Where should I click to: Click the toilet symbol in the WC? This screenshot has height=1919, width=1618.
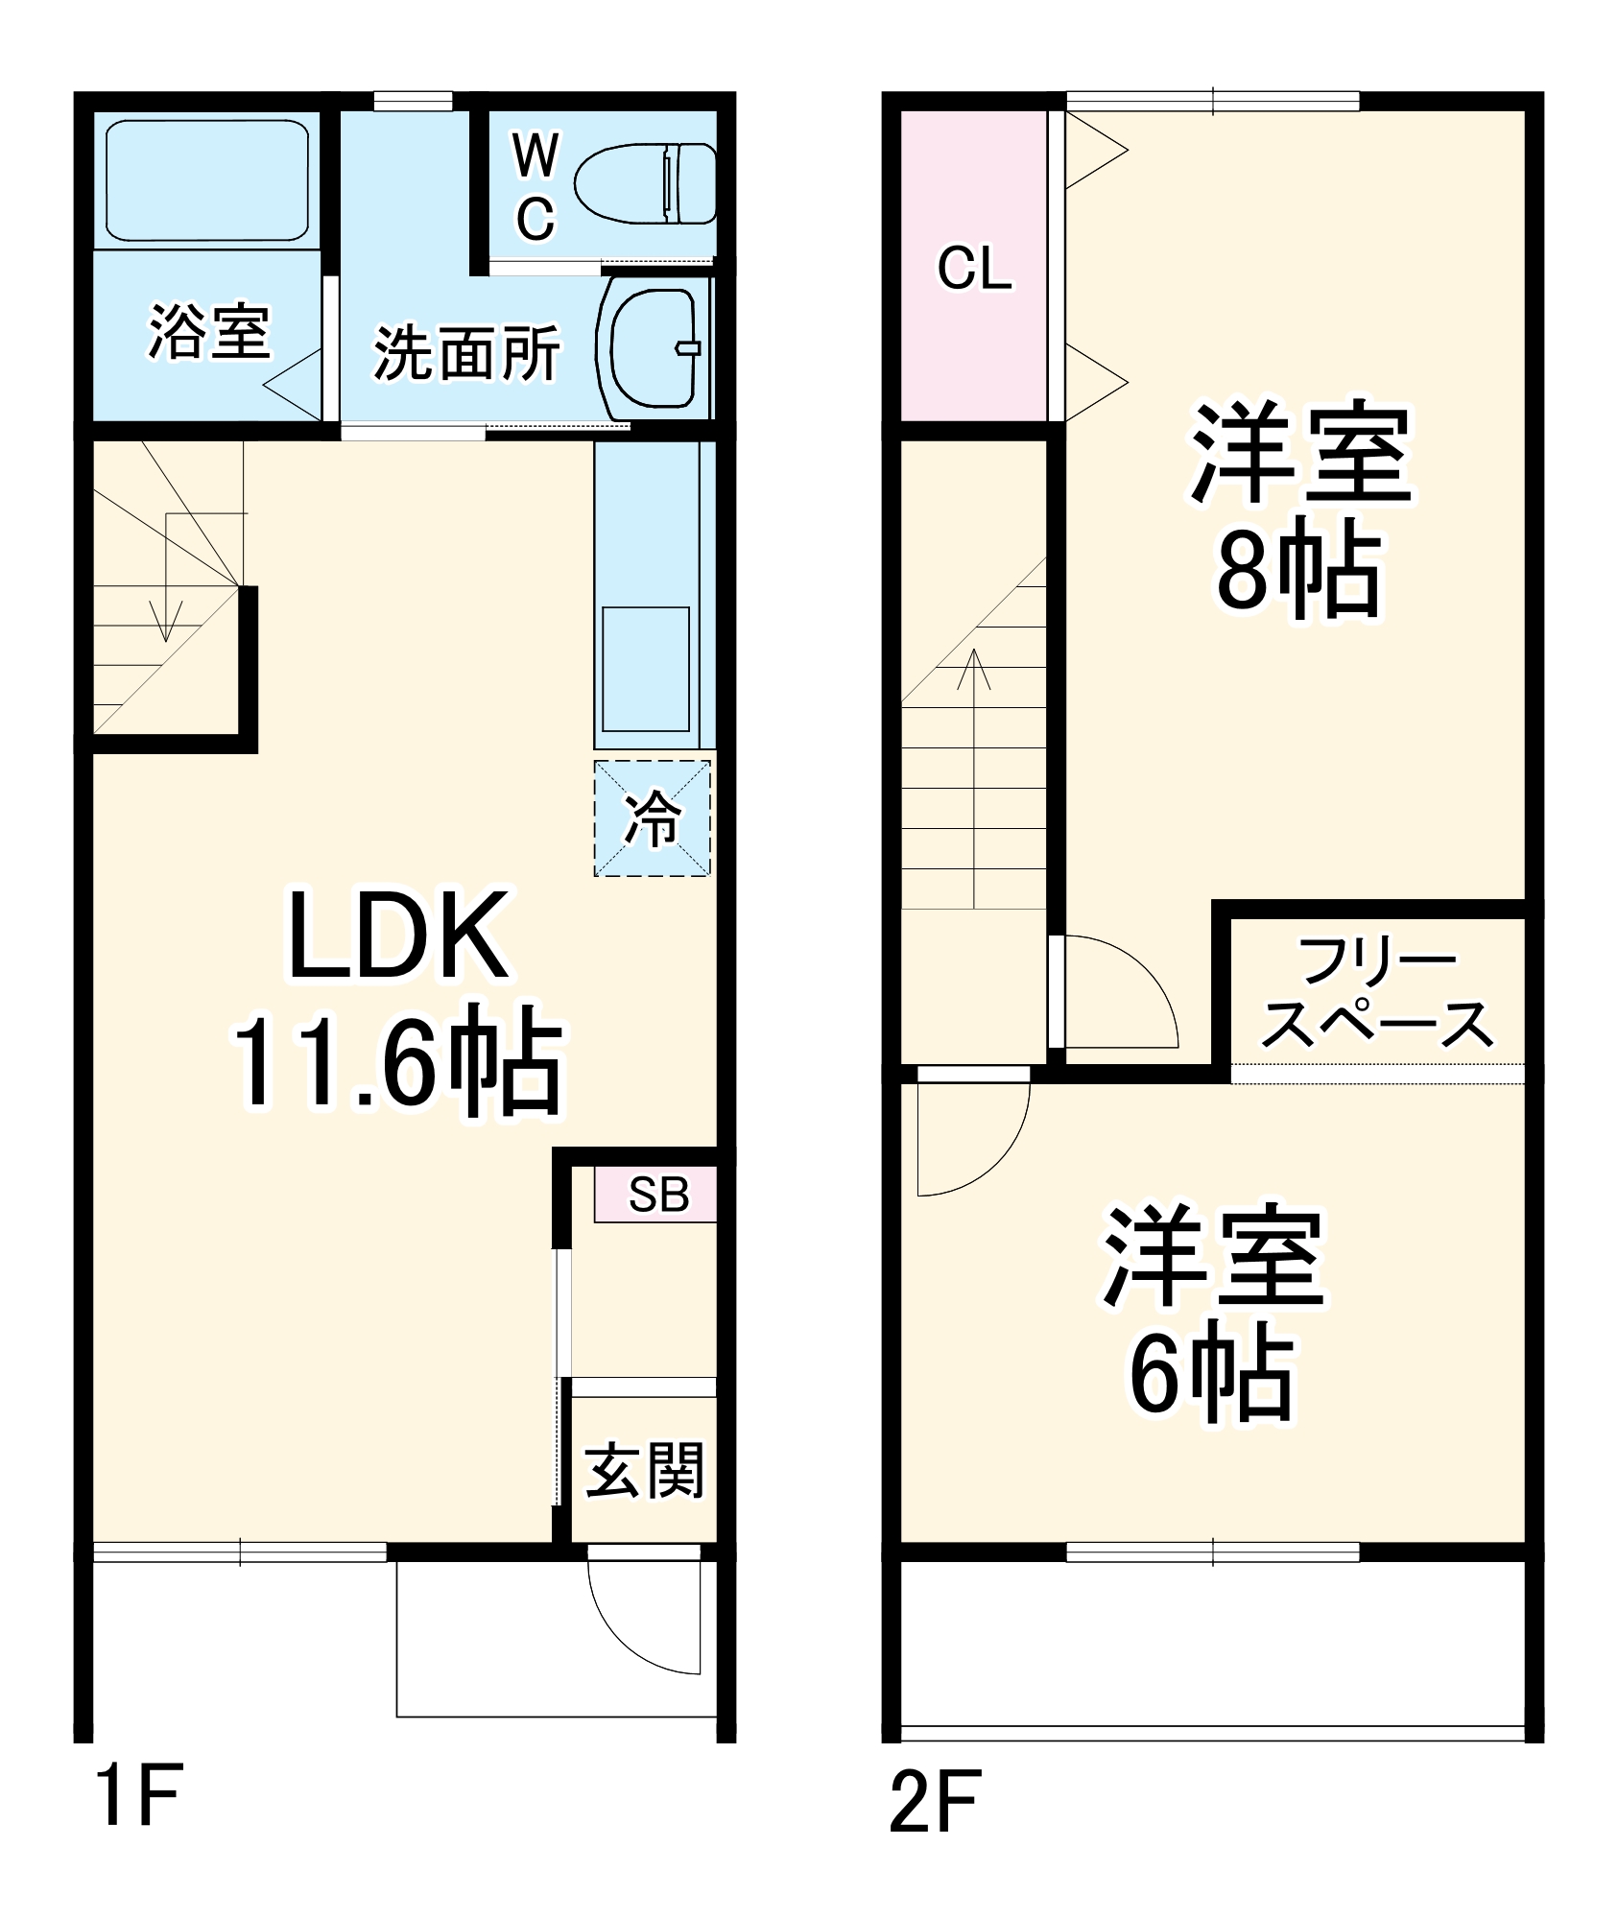pyautogui.click(x=645, y=183)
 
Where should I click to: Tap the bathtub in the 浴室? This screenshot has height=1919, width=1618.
pyautogui.click(x=206, y=180)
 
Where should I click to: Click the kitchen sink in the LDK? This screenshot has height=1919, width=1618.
pyautogui.click(x=645, y=670)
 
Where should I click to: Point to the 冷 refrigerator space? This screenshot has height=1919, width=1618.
pyautogui.click(x=653, y=818)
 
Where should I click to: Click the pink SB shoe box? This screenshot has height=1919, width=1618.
pyautogui.click(x=655, y=1195)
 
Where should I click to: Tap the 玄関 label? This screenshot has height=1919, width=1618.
pyautogui.click(x=645, y=1470)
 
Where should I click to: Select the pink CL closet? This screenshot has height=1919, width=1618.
pyautogui.click(x=973, y=266)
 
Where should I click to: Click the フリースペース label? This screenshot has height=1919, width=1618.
pyautogui.click(x=1377, y=993)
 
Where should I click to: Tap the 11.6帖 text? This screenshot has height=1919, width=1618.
pyautogui.click(x=397, y=1062)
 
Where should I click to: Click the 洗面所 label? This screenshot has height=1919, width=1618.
pyautogui.click(x=466, y=353)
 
